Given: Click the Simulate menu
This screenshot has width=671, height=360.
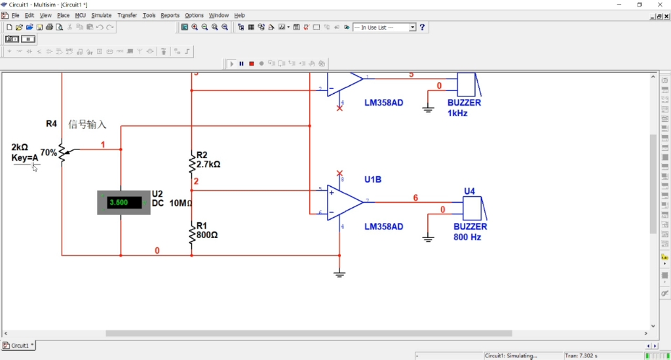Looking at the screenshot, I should tap(101, 15).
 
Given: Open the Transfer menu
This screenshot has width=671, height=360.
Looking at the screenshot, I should tap(127, 15).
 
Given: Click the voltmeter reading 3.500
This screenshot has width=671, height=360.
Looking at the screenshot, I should tap(123, 203).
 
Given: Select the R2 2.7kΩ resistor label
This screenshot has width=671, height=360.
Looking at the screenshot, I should tap(208, 160).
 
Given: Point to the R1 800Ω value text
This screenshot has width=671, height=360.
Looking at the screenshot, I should tap(207, 234).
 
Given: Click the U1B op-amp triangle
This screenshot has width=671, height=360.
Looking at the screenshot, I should tap(345, 202).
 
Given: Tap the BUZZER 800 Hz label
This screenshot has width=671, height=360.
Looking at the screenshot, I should tap(470, 231).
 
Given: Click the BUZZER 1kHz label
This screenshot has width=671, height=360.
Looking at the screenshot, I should tap(464, 108).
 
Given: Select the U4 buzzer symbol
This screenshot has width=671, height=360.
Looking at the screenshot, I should tap(473, 209).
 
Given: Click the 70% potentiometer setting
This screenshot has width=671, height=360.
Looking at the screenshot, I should tap(48, 153).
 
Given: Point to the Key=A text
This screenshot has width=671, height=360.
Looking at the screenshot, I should tap(25, 157).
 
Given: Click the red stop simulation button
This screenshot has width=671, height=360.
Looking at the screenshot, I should tap(252, 64).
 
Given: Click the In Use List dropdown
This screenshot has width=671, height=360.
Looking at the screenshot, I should tap(385, 28).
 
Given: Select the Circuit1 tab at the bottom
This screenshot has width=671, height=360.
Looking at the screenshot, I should tap(19, 346).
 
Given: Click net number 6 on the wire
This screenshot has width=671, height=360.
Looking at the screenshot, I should tap(415, 197).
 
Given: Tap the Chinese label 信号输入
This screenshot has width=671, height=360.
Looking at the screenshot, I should tap(87, 125).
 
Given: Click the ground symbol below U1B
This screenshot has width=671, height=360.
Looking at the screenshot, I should tap(339, 273).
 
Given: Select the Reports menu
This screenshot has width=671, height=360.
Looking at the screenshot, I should tap(170, 15).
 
